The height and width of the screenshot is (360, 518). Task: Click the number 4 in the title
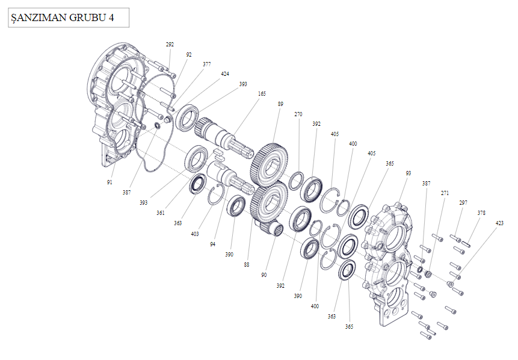[111, 17]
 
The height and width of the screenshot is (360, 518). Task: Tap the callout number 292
[170, 45]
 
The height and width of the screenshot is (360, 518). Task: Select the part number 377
[206, 64]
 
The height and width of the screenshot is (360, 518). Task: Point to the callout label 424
[224, 74]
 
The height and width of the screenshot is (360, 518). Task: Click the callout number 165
[262, 94]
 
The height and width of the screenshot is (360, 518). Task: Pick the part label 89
[280, 104]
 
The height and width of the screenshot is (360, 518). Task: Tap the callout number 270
[298, 114]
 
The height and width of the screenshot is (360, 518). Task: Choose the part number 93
[409, 173]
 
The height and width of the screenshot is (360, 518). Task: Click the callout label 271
[445, 193]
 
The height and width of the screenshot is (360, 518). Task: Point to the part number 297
[463, 203]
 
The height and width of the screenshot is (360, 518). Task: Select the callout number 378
[481, 213]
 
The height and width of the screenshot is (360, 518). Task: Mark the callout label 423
[500, 223]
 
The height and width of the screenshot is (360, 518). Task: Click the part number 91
[109, 181]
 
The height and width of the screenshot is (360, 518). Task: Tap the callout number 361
[161, 213]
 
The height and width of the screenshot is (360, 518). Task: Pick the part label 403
[195, 233]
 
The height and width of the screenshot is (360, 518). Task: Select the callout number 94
[212, 244]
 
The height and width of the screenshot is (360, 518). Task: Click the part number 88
[246, 264]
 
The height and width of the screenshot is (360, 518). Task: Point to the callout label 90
[264, 275]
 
